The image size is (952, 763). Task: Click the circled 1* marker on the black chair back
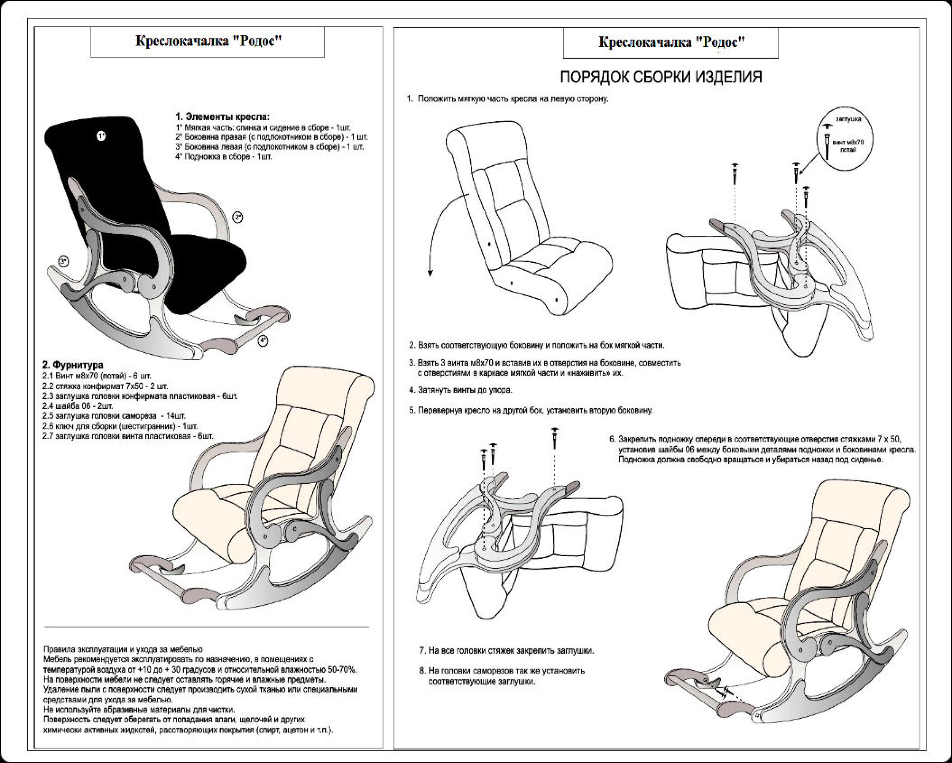pos(101,136)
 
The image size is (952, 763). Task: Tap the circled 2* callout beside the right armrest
pos(238,218)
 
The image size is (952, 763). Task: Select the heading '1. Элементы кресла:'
pos(222,117)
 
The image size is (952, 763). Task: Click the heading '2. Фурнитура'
pos(73,365)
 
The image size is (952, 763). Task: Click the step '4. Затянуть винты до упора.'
pos(461,390)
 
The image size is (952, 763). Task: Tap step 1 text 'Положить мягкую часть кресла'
pos(512,99)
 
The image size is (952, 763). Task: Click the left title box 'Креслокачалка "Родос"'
pos(208,42)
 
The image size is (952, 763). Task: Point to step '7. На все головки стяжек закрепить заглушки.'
pos(506,651)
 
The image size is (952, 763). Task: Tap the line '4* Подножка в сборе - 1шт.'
pos(224,157)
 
